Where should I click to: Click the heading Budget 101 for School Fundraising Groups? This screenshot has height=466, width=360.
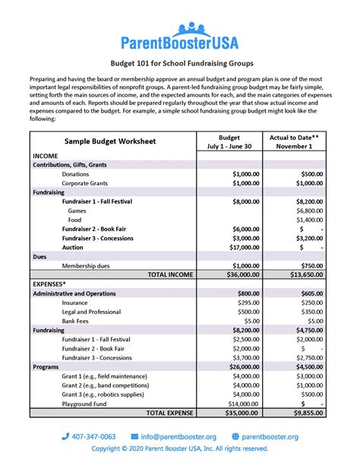[180, 65]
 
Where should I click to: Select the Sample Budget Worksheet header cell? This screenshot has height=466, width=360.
[109, 141]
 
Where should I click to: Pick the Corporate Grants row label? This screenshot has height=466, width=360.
[87, 183]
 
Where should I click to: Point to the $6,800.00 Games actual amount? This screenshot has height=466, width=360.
[308, 211]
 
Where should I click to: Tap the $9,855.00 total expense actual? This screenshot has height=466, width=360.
[308, 413]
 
